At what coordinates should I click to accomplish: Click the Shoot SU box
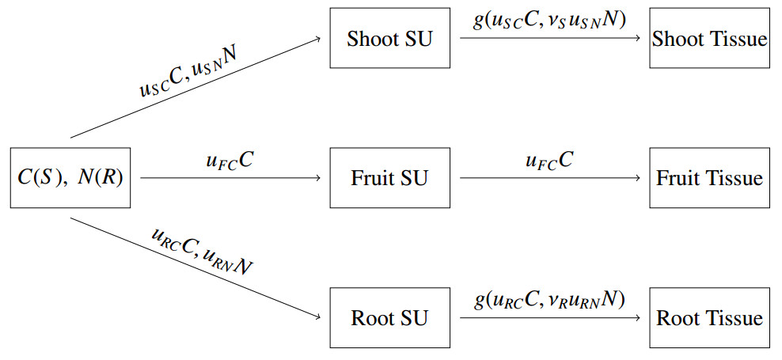[389, 38]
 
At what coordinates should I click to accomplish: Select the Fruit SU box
[389, 178]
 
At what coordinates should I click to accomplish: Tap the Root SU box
[389, 318]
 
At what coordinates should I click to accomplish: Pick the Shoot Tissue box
[709, 38]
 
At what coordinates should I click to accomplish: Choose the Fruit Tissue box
[709, 178]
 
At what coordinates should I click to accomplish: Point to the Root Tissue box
[709, 318]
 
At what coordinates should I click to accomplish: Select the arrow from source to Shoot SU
[198, 88]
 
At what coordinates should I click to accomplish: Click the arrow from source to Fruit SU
[230, 178]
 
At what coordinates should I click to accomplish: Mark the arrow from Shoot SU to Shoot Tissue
[549, 38]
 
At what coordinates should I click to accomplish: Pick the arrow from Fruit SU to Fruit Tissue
[549, 178]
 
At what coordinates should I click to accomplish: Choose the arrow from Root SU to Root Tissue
[549, 318]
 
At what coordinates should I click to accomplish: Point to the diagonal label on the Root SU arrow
[201, 251]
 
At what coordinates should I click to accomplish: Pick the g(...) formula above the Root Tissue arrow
[549, 300]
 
